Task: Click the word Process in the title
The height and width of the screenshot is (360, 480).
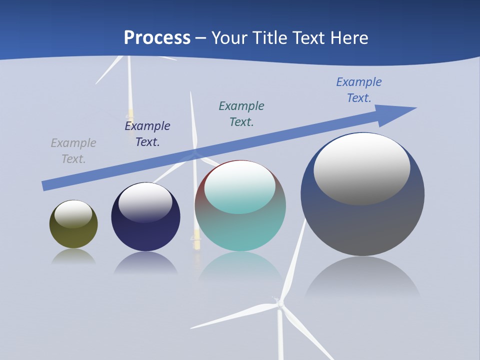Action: click(157, 37)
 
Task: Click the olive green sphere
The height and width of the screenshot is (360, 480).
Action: click(73, 235)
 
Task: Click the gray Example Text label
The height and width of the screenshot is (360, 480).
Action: click(73, 151)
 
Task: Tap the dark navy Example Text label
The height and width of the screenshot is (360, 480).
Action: click(147, 134)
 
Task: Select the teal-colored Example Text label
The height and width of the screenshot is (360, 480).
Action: click(241, 114)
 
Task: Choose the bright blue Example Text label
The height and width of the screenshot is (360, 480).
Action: click(359, 90)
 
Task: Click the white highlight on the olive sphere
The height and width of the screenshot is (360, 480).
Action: click(73, 213)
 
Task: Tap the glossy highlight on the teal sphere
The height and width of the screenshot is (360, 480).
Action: click(239, 186)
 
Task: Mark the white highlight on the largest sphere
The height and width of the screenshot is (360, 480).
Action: click(361, 168)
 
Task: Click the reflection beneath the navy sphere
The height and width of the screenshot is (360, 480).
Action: click(145, 262)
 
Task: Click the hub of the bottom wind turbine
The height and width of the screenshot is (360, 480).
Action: click(280, 303)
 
